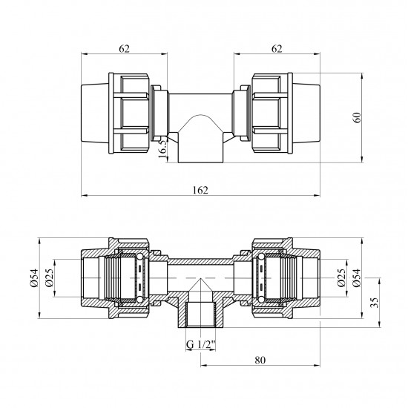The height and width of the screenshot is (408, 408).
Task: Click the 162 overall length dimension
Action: click(x=200, y=191)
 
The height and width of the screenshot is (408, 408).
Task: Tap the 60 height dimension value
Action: click(x=358, y=117)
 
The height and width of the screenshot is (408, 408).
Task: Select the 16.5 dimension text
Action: click(x=162, y=149)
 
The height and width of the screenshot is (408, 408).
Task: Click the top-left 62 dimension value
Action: click(x=124, y=49)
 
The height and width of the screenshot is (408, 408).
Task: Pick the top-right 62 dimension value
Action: click(x=277, y=49)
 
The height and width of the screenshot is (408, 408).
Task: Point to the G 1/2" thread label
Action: click(x=200, y=344)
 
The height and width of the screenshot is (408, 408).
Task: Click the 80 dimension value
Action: click(x=260, y=361)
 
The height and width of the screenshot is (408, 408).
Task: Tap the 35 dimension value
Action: click(x=375, y=302)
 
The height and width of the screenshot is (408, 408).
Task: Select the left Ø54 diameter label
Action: click(x=34, y=278)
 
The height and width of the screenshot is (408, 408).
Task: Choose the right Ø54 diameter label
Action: click(x=357, y=278)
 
